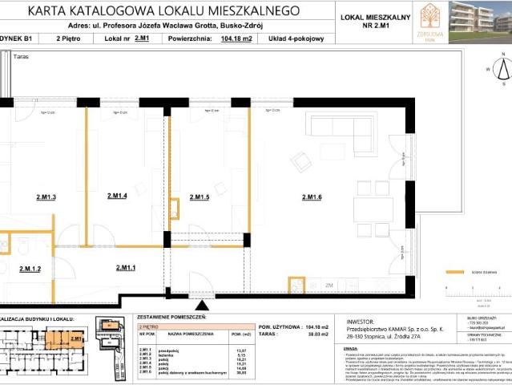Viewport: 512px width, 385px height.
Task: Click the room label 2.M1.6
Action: click(312, 197)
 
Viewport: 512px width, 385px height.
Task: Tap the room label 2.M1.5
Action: click(199, 197)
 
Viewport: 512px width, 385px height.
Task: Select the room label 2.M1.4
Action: click(117, 196)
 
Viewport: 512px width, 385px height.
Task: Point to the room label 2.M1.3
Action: click(46, 197)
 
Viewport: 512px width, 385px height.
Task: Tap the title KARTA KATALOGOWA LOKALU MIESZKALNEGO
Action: click(163, 11)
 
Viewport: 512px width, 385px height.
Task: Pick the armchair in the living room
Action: click(300, 162)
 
